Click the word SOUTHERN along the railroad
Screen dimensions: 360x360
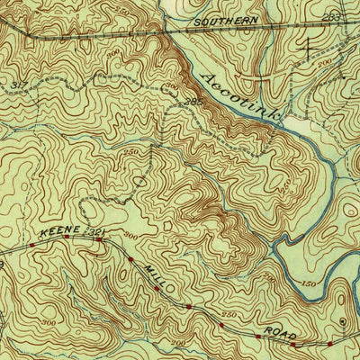(x=225, y=19)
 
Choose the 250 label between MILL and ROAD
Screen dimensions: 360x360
(x=229, y=315)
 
